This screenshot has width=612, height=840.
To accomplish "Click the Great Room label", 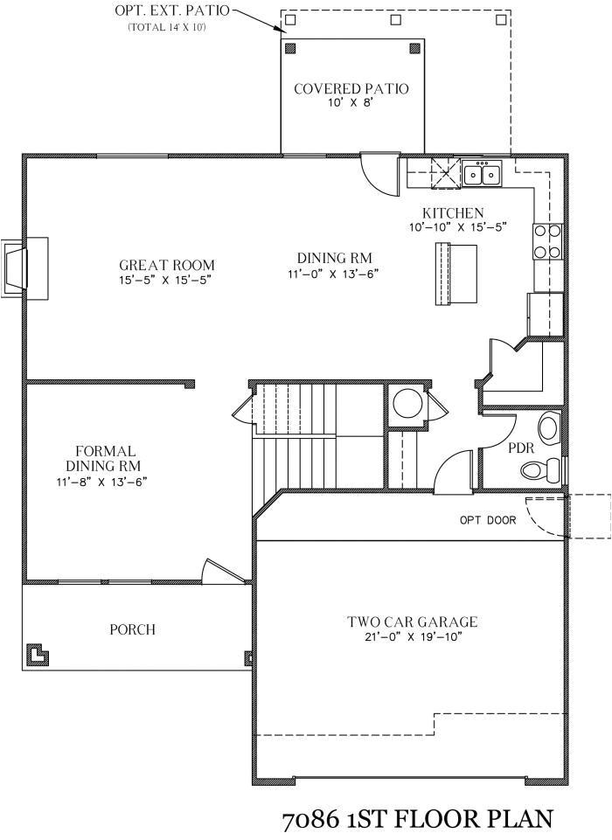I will click(x=166, y=266).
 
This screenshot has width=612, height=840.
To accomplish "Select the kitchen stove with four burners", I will click(x=547, y=242).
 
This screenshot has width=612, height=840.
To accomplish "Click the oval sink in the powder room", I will click(x=548, y=428).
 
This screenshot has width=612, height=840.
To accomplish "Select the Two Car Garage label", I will click(x=412, y=622).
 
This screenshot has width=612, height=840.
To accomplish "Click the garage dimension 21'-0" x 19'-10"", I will click(x=412, y=637).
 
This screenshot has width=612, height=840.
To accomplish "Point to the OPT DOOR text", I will click(x=487, y=520).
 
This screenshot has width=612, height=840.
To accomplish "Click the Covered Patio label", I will click(x=351, y=89).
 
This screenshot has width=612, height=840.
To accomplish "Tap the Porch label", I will click(x=133, y=629).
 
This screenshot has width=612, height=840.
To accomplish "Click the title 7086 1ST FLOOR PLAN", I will click(x=417, y=820).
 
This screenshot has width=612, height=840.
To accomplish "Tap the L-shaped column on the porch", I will click(x=36, y=654).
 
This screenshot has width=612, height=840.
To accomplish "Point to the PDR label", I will click(x=521, y=448).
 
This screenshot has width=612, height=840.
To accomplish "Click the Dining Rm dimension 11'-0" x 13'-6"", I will click(x=335, y=273).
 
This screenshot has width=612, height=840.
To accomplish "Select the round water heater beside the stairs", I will click(x=406, y=405).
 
